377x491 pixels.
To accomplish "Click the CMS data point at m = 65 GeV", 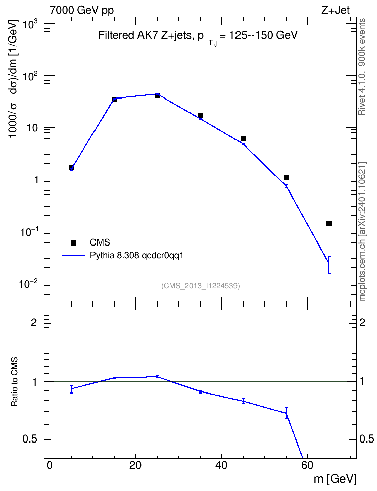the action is click(x=329, y=224).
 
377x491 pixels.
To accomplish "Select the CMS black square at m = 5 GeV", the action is click(x=71, y=167).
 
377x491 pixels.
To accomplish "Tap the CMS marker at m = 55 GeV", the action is click(x=286, y=177).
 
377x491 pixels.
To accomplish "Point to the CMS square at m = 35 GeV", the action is click(x=200, y=116).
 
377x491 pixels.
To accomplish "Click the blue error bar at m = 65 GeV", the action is click(x=329, y=265).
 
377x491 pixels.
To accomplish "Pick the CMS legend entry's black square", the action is click(x=73, y=242).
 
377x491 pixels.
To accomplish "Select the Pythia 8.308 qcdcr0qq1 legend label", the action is click(x=136, y=255).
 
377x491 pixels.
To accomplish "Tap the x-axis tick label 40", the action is click(x=221, y=465).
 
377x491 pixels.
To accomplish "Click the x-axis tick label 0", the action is click(x=50, y=465).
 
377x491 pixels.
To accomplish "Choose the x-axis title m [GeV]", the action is click(x=335, y=479).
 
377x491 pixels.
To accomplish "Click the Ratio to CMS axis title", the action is click(x=14, y=381).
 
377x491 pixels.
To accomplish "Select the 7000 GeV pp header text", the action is click(x=81, y=10).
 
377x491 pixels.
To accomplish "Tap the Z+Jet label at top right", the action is click(x=336, y=10).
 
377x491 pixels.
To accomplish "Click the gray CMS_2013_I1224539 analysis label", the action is click(x=201, y=286).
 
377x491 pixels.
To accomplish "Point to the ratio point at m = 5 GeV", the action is click(x=71, y=389).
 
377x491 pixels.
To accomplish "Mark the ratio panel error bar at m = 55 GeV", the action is click(x=286, y=413).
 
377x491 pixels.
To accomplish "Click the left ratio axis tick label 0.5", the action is click(x=30, y=439).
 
